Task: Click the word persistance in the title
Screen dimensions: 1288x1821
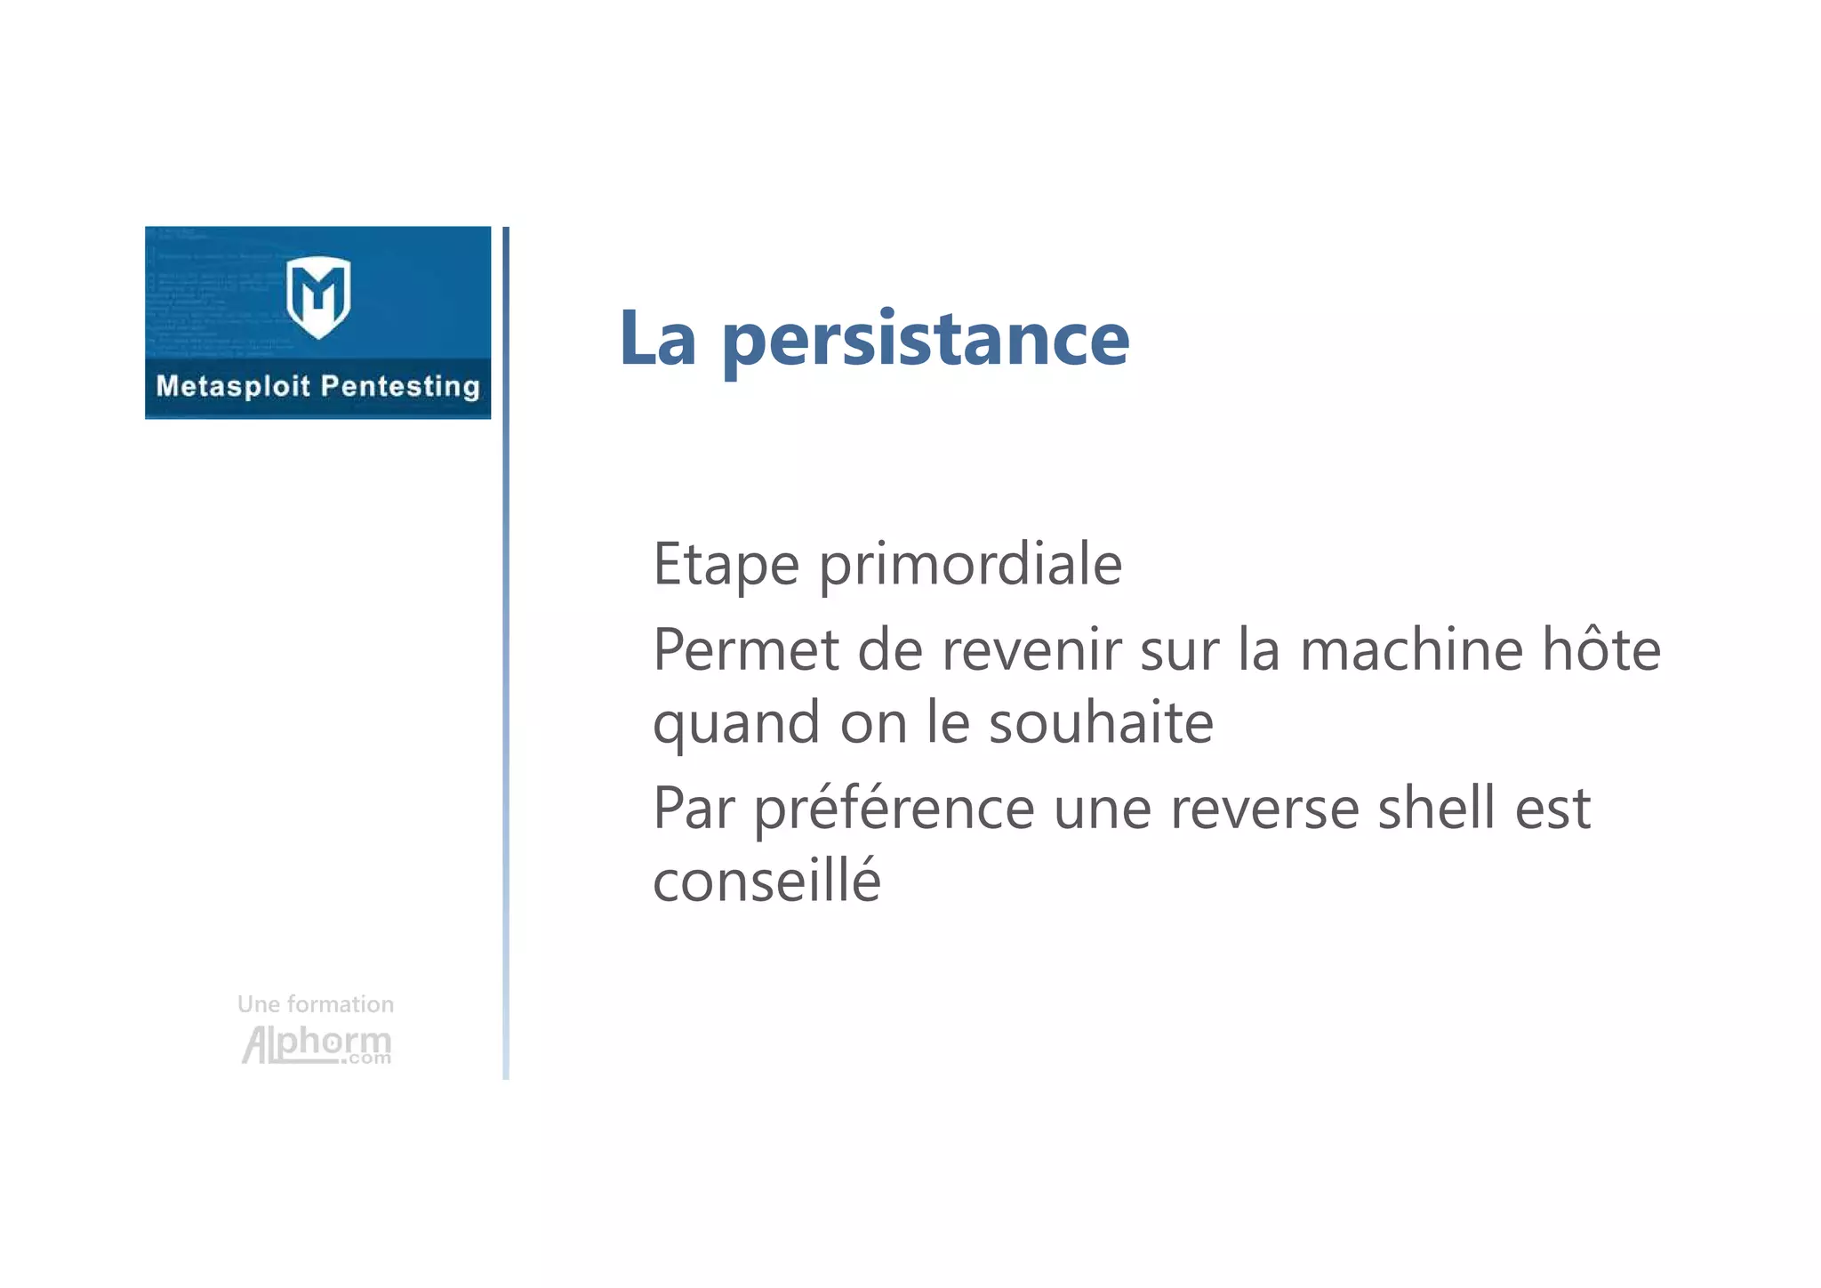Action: click(x=926, y=341)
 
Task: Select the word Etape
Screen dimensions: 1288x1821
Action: click(x=726, y=565)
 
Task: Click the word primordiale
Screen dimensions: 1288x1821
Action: click(x=970, y=565)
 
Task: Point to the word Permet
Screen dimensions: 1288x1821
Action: click(x=746, y=650)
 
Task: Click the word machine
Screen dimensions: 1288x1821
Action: click(x=1411, y=650)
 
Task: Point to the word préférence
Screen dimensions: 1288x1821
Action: click(x=894, y=810)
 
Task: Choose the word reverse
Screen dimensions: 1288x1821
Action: click(x=1264, y=810)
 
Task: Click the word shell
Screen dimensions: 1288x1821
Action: click(x=1436, y=809)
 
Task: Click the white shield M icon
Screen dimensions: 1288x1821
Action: click(x=318, y=296)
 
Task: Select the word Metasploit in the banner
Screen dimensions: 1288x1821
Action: click(x=233, y=386)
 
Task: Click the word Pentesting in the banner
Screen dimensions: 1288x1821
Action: click(x=400, y=387)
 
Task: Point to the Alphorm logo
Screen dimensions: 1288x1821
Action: click(x=317, y=1044)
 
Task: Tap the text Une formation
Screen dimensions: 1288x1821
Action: click(x=316, y=1004)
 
